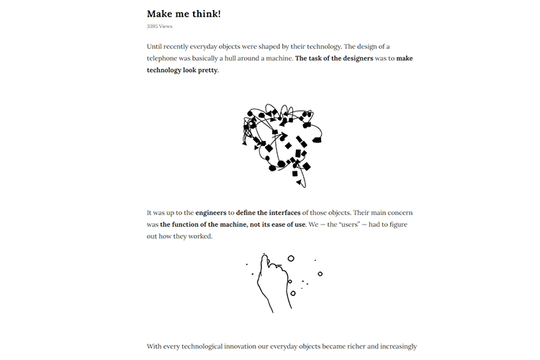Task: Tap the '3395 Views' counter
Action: pos(159,27)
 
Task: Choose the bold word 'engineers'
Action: pos(210,213)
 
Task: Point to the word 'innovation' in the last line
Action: pos(263,346)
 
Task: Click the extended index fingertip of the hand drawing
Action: pos(265,256)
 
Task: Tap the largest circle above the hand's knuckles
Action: pos(291,258)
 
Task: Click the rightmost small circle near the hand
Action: pos(320,274)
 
